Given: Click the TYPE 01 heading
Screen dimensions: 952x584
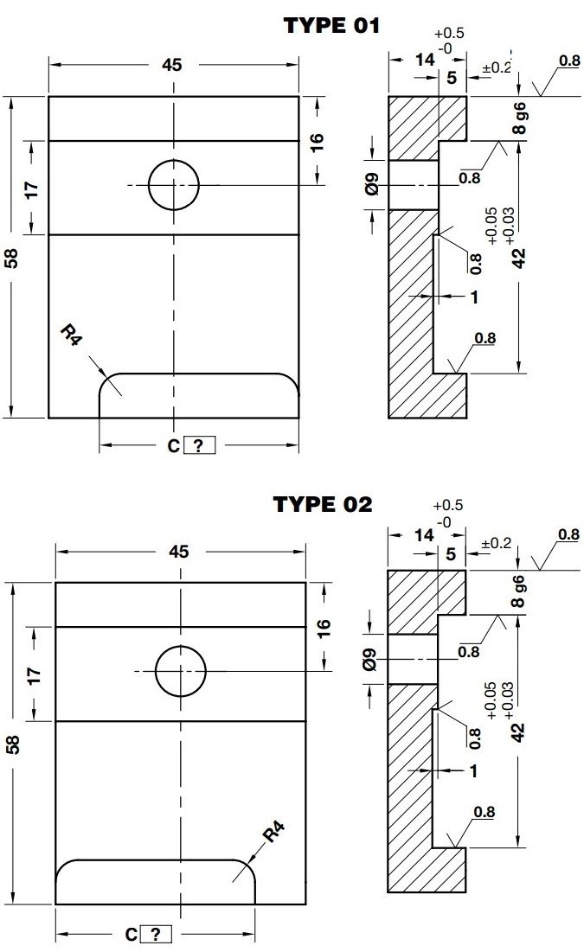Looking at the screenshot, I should coord(331,26).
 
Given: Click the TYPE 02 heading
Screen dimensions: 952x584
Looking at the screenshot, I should coord(323,504).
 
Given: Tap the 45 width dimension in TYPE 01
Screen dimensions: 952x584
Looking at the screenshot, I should coord(173,66).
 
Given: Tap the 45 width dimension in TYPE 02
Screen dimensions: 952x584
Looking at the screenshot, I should coord(180,552).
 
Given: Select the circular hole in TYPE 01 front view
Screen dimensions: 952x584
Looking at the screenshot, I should coord(174,184).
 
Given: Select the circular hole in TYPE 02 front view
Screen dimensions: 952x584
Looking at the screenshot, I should coord(181,671).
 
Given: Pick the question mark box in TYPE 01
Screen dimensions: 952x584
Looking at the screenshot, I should coord(198,446).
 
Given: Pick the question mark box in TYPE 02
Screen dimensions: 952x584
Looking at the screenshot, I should coord(155,934).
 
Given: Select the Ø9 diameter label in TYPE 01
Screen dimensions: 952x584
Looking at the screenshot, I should coord(373,184).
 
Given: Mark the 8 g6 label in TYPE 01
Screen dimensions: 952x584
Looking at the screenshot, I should coord(518,118).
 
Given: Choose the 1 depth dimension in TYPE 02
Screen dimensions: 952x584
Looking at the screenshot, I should coord(474,771).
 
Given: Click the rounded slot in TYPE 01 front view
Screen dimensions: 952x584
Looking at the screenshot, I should coord(199,395).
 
